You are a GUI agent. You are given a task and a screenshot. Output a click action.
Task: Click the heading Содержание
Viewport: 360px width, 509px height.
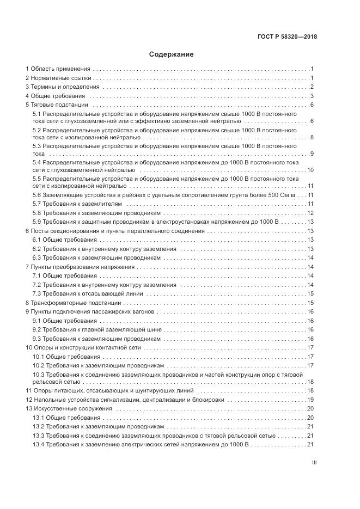point(171,54)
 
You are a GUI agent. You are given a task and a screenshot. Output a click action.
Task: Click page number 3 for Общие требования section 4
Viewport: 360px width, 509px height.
point(312,96)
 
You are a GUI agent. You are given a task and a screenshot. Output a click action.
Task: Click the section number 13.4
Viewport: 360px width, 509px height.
point(38,444)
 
